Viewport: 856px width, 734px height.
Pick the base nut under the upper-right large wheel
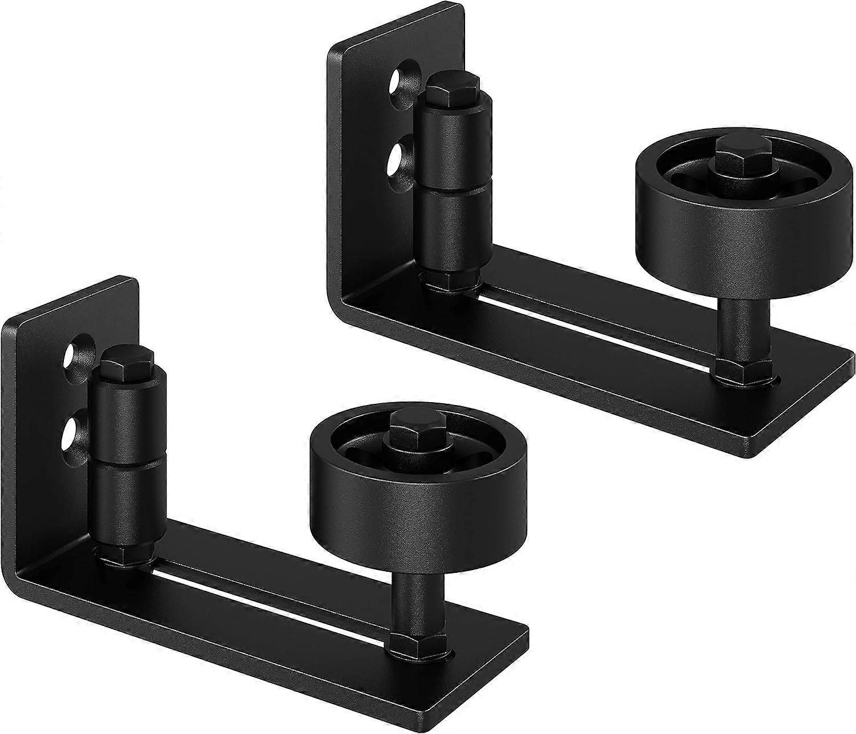(x=736, y=372)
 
